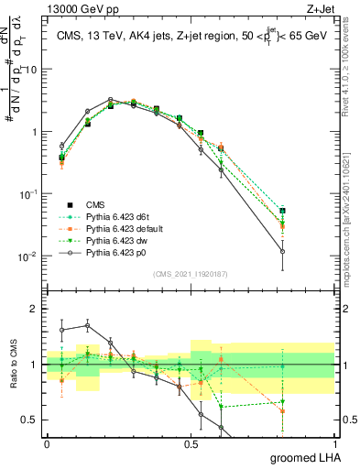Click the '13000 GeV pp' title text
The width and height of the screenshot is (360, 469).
(77, 7)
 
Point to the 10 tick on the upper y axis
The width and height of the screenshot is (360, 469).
(34, 70)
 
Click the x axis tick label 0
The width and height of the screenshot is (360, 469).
(47, 443)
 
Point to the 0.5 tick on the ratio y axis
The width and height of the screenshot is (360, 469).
(32, 420)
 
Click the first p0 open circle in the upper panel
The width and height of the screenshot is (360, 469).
(61, 146)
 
